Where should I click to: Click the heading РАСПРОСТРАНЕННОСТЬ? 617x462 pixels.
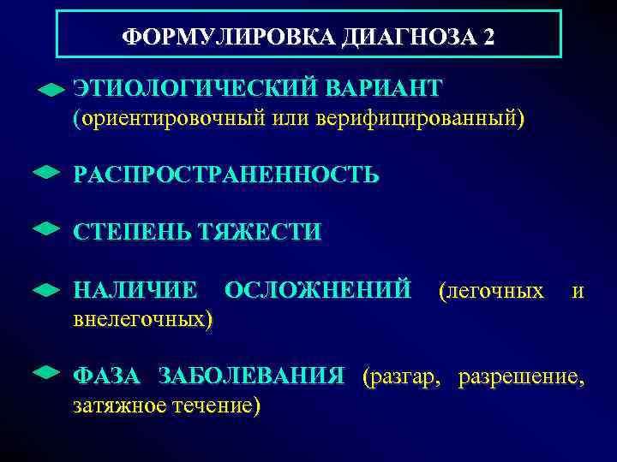coord(226,175)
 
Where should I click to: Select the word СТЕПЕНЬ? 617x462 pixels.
coord(131,232)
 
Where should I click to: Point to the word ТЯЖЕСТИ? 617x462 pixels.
coord(260,232)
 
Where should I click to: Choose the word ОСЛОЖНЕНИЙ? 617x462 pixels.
coord(317,291)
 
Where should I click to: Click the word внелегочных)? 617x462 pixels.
coord(143,319)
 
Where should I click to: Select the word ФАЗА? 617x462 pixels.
coord(109,376)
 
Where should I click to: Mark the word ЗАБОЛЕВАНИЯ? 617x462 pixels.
coord(252,376)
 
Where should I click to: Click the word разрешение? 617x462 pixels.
coord(522,376)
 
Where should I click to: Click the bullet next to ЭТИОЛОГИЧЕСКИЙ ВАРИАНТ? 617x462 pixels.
coord(51,89)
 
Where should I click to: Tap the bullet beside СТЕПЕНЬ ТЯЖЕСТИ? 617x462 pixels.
coord(45,228)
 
